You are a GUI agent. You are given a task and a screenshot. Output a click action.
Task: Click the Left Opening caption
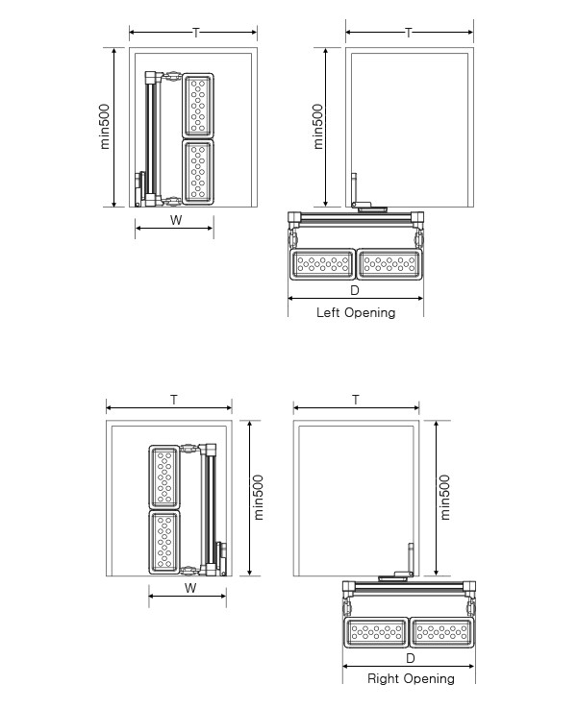(x=356, y=313)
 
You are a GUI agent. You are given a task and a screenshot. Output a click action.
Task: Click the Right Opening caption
(x=411, y=678)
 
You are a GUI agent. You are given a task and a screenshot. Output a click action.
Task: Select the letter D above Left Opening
(x=355, y=290)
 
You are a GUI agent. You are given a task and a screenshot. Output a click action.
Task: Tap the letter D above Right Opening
(x=410, y=658)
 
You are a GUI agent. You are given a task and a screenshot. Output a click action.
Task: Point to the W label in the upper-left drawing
(x=176, y=220)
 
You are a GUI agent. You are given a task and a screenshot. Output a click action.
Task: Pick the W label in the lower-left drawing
(x=190, y=588)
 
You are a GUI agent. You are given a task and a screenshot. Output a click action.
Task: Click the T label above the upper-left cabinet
(x=196, y=33)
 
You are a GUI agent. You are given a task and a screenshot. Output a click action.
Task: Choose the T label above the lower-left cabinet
(x=174, y=400)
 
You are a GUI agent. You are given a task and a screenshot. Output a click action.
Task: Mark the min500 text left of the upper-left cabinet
(x=105, y=127)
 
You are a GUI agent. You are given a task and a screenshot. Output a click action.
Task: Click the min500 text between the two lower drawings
(x=258, y=498)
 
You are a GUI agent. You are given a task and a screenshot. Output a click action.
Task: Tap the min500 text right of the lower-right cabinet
(x=445, y=498)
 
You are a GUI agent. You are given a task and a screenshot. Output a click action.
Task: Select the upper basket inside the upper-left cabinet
(x=198, y=106)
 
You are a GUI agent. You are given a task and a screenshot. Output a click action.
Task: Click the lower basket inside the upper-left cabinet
(x=198, y=172)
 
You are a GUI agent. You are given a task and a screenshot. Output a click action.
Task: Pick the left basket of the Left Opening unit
(x=322, y=263)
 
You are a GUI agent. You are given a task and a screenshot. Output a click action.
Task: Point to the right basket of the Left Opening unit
(x=389, y=263)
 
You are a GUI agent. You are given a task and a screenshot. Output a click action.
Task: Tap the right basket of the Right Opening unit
(x=442, y=632)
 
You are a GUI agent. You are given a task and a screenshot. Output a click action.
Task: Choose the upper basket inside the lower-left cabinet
(x=164, y=477)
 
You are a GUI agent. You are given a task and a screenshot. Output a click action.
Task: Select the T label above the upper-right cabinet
(x=409, y=33)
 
